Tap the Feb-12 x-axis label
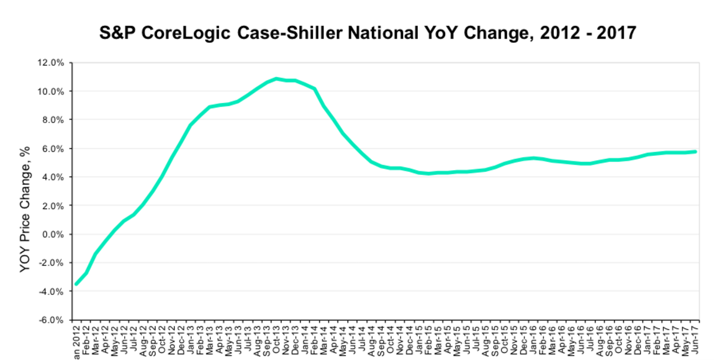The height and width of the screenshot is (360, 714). pos(86,340)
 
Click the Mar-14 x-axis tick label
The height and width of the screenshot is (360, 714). pos(325,340)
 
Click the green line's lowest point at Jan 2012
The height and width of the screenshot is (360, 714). pos(76,284)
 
